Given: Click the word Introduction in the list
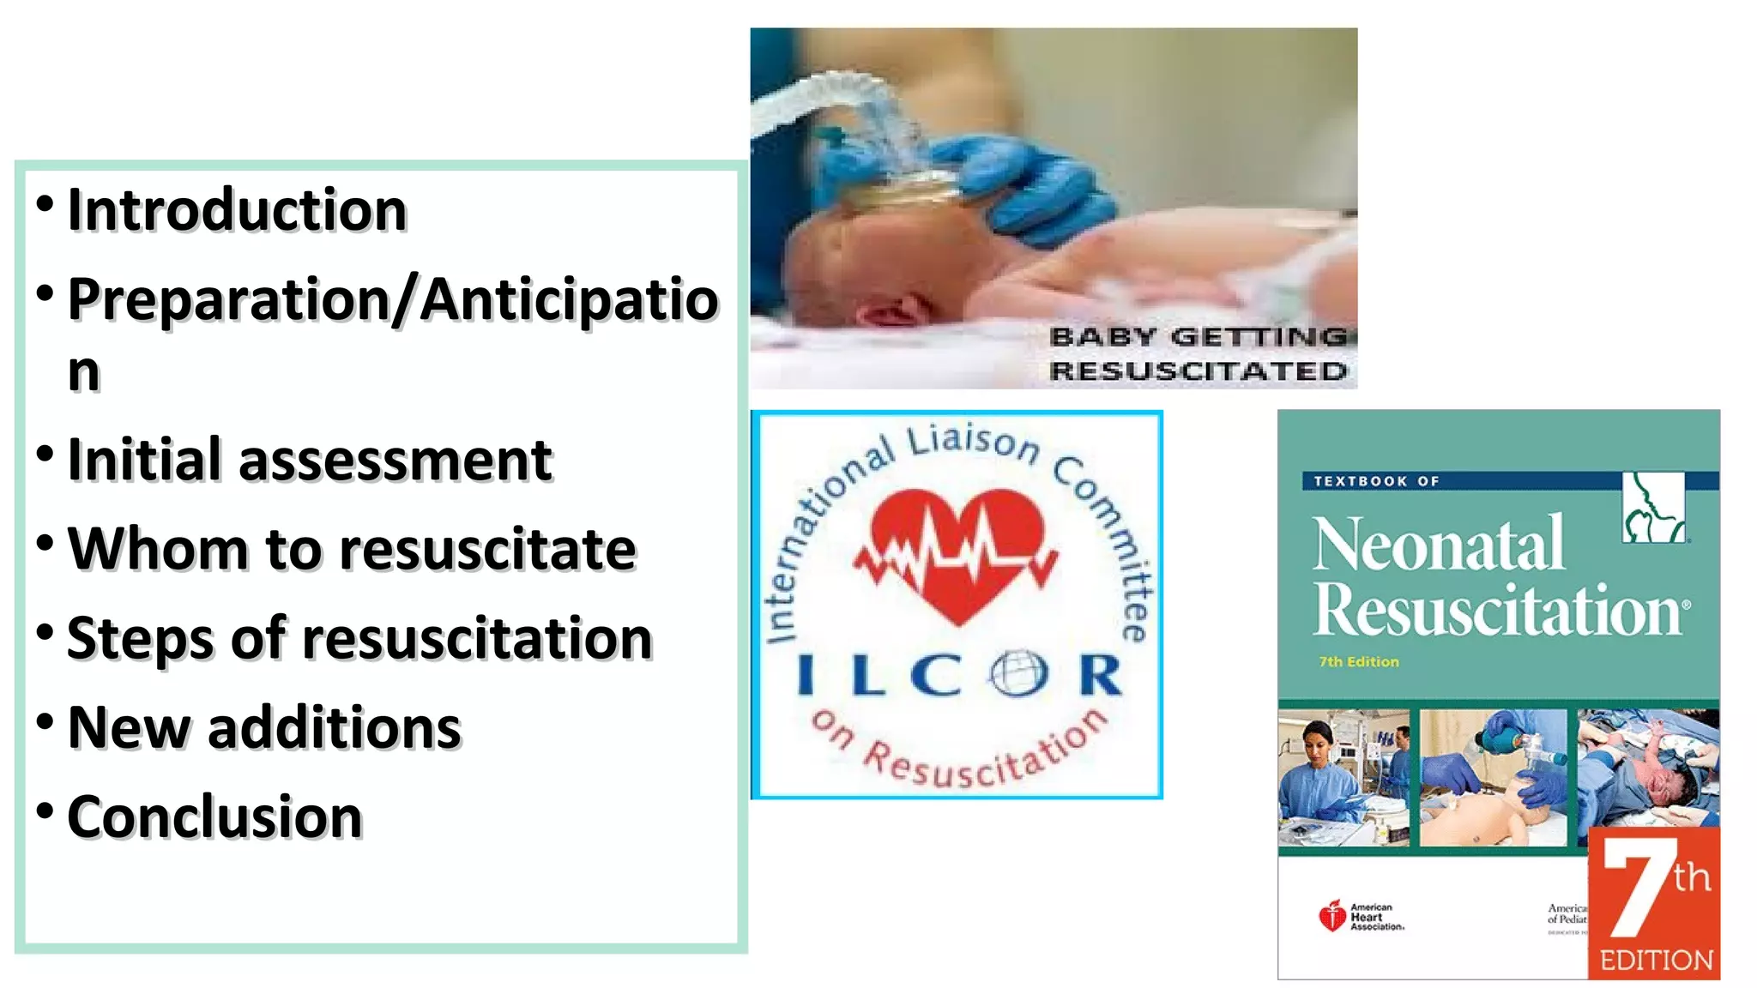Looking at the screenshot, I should tap(237, 210).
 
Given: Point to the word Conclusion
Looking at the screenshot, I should tap(214, 816).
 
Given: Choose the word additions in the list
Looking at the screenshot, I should tap(335, 728).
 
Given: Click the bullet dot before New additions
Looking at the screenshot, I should tap(45, 720).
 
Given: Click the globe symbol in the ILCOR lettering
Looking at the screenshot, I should tap(1018, 674).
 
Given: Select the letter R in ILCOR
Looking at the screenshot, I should tap(1100, 675).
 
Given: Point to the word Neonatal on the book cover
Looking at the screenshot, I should tap(1439, 544).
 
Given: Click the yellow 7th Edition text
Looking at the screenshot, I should tap(1359, 662).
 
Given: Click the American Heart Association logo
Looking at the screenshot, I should tap(1361, 917).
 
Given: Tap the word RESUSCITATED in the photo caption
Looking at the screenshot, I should tap(1199, 371).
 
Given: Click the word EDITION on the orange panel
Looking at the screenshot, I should tap(1656, 961).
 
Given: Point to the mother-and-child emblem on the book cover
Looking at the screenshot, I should tap(1653, 508).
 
